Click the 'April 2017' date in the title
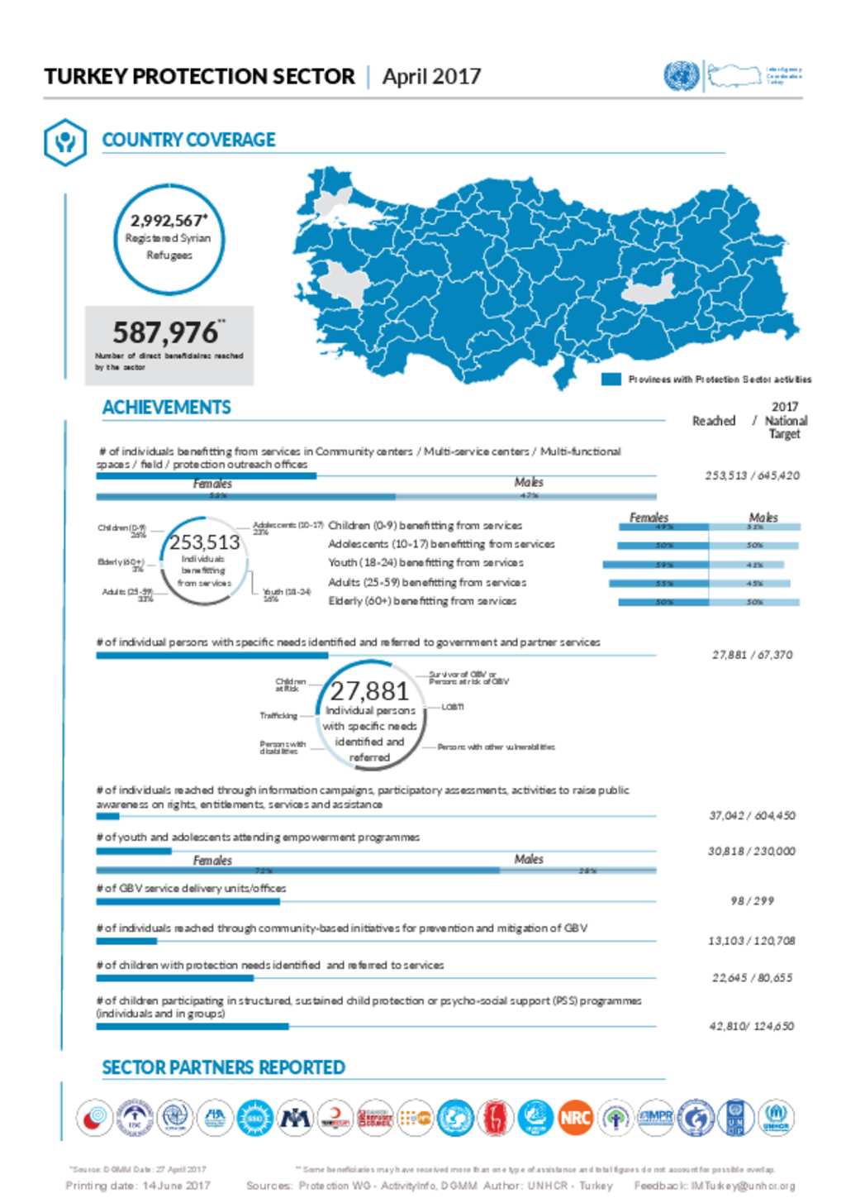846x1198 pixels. [431, 77]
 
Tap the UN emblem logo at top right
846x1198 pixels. [681, 76]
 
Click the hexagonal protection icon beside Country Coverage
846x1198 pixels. [64, 141]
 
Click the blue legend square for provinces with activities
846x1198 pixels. [611, 379]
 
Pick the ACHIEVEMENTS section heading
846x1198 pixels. [166, 408]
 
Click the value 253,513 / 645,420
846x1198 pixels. [752, 475]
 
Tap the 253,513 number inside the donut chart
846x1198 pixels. [204, 542]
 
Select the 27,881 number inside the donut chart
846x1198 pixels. [369, 691]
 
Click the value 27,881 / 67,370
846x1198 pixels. [752, 655]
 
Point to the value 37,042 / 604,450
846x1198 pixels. [752, 815]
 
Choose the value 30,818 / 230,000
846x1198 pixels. [752, 851]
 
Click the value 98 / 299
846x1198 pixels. [752, 900]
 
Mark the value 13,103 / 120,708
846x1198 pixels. [752, 941]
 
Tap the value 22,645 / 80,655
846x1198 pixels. [752, 978]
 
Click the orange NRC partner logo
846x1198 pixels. [575, 1118]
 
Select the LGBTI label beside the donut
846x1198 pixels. [452, 707]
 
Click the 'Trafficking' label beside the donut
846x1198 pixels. [278, 715]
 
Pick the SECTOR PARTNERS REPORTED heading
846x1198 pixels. [223, 1067]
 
